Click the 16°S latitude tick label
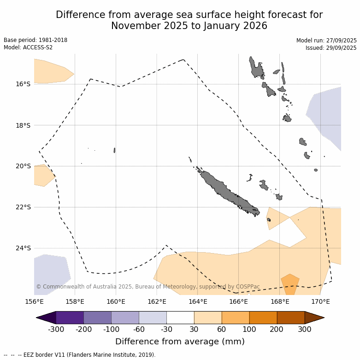[23, 84]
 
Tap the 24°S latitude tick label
[23, 248]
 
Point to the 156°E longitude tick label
[34, 302]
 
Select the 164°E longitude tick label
[198, 302]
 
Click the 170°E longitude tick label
[320, 302]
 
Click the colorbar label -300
[56, 329]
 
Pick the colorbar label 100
[249, 329]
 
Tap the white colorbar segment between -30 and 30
[180, 318]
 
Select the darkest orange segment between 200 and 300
[291, 318]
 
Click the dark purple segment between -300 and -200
[70, 318]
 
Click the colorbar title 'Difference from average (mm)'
[180, 342]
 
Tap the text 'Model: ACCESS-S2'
[28, 47]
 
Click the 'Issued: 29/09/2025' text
[331, 48]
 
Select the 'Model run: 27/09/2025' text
[326, 41]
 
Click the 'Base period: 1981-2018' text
[35, 40]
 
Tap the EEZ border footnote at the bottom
[79, 355]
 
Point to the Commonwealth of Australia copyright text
[148, 287]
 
